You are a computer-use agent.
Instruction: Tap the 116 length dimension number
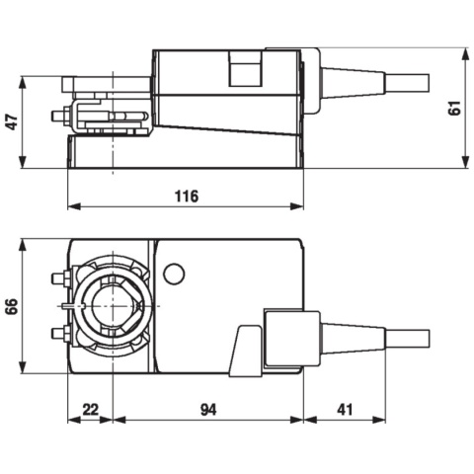tap(186, 196)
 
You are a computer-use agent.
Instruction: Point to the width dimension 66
tap(12, 306)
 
